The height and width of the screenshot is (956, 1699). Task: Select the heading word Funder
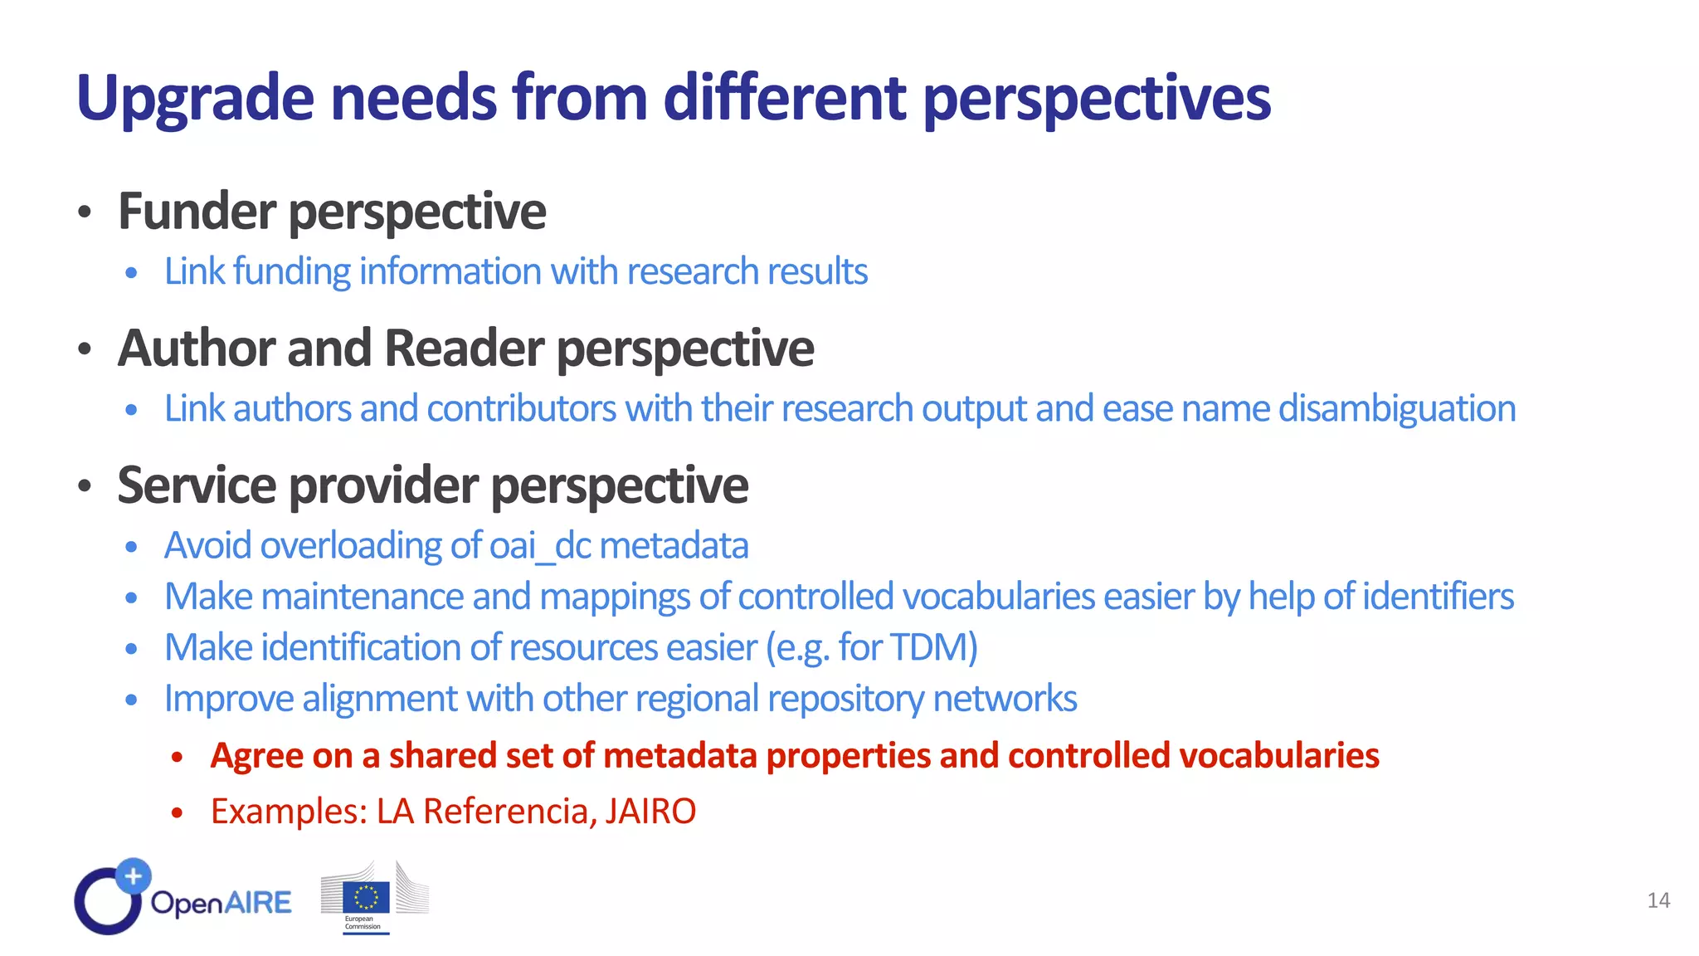pyautogui.click(x=197, y=211)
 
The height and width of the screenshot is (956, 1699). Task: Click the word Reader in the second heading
pyautogui.click(x=464, y=348)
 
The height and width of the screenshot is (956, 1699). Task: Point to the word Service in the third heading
pyautogui.click(x=197, y=485)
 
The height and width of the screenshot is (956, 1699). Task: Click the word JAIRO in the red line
pyautogui.click(x=650, y=811)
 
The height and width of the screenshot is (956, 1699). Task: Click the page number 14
pyautogui.click(x=1658, y=900)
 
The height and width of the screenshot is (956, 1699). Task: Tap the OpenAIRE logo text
pyautogui.click(x=221, y=902)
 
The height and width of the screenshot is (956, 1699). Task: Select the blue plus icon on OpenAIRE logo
pyautogui.click(x=133, y=876)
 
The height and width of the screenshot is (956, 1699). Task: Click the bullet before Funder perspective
pyautogui.click(x=84, y=212)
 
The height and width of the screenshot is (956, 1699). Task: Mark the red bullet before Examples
pyautogui.click(x=177, y=812)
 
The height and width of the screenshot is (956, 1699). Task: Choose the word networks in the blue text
pyautogui.click(x=1005, y=699)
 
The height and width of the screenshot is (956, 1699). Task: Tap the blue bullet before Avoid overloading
pyautogui.click(x=131, y=547)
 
